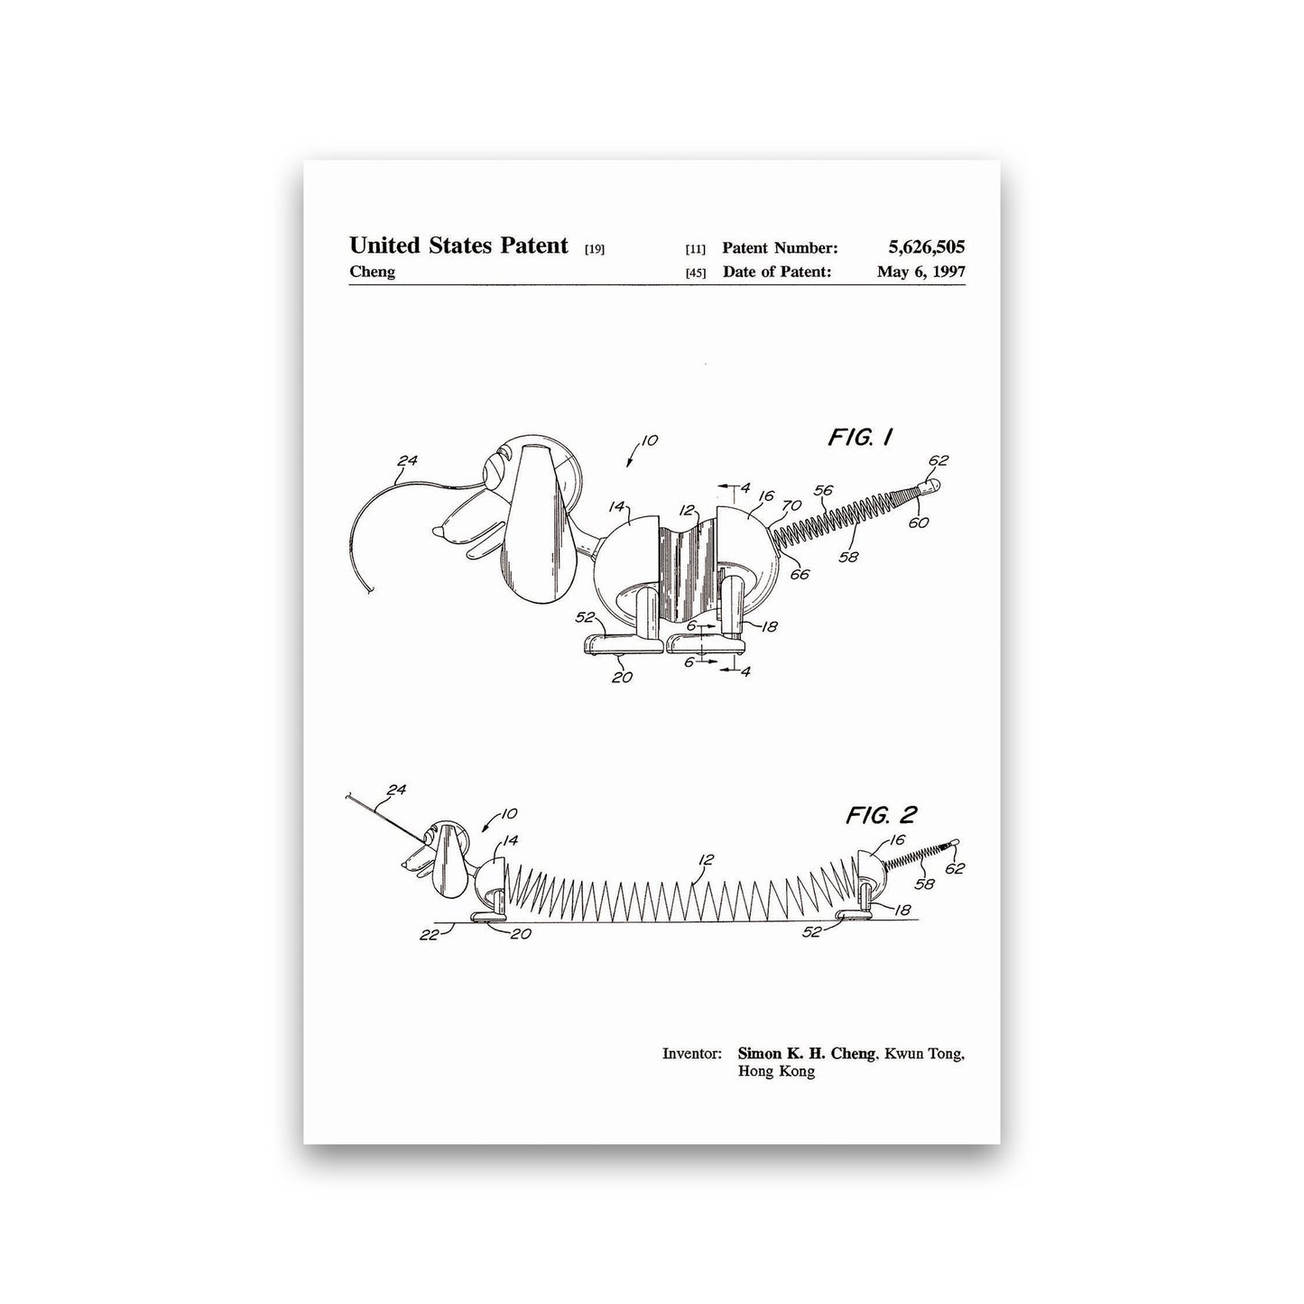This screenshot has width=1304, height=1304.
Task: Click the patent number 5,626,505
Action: [x=927, y=247]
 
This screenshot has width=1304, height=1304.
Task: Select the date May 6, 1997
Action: [x=921, y=272]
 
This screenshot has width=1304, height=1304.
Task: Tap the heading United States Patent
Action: [x=458, y=245]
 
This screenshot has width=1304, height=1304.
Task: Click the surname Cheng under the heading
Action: [x=372, y=272]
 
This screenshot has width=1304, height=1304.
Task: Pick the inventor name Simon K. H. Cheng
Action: [x=806, y=1053]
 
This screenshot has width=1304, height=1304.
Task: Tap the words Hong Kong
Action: [x=776, y=1071]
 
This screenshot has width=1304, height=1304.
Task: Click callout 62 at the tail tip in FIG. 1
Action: [x=938, y=460]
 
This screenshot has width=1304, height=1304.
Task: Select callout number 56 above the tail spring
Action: [x=823, y=490]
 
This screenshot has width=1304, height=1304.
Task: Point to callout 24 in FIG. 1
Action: [x=407, y=461]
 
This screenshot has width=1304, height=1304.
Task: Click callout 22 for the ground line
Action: [x=429, y=935]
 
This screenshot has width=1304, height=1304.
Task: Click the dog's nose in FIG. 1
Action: [x=441, y=532]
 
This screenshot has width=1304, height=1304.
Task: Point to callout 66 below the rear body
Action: [x=800, y=575]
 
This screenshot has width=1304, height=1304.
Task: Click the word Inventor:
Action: [x=691, y=1054]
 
